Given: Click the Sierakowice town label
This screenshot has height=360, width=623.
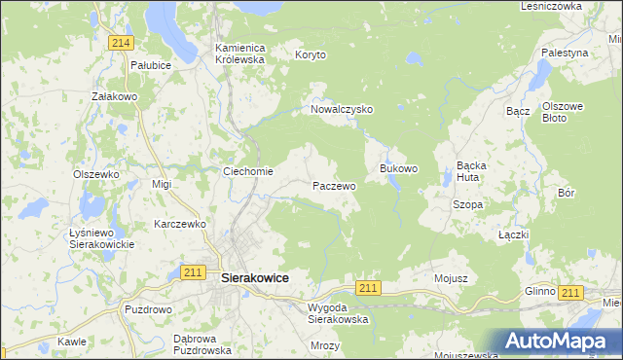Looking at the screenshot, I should coord(255,277).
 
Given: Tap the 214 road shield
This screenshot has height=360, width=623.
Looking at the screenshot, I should coord(121,43).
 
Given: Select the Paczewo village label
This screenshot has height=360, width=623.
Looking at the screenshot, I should coord(334,185).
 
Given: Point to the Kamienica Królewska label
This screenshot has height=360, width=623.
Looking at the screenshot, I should coord(239,53).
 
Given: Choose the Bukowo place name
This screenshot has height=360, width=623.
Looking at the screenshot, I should coord(398,168).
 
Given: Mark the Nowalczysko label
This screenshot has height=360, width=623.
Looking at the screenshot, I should coord(342,110).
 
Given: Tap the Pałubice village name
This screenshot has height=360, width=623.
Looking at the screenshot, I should coord(151,65).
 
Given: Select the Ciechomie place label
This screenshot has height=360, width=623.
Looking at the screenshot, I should coord(248,172).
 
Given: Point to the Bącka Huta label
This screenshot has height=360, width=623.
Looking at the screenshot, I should coord(478,171).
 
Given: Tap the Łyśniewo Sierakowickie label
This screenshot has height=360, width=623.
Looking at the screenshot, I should coord(101,238).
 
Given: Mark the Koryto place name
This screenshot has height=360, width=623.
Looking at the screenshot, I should coord(311,55).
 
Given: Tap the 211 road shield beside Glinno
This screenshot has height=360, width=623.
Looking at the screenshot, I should coord(570,293).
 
